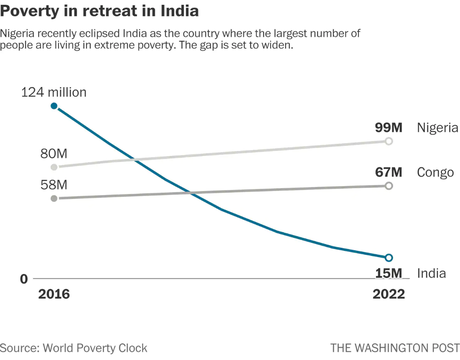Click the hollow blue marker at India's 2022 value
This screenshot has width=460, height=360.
(x=389, y=258)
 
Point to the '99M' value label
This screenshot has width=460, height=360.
(x=389, y=128)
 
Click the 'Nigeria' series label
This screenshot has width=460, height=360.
(x=436, y=128)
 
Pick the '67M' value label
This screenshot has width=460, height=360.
(x=389, y=172)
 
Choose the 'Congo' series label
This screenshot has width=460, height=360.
(x=433, y=172)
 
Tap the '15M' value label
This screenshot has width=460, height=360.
(x=388, y=273)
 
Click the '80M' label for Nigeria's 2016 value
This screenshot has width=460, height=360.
(x=53, y=153)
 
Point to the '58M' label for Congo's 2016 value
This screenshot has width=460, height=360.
(x=53, y=185)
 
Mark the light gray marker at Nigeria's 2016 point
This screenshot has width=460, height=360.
(x=53, y=167)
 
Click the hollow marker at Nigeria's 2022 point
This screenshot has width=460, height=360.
(x=389, y=142)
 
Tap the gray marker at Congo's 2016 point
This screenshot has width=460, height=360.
(x=53, y=198)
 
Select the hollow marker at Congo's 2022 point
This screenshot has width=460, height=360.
(x=389, y=186)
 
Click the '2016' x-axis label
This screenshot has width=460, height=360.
(x=53, y=295)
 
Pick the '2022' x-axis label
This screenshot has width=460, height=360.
(x=388, y=295)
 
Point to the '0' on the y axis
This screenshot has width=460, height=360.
(x=23, y=279)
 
